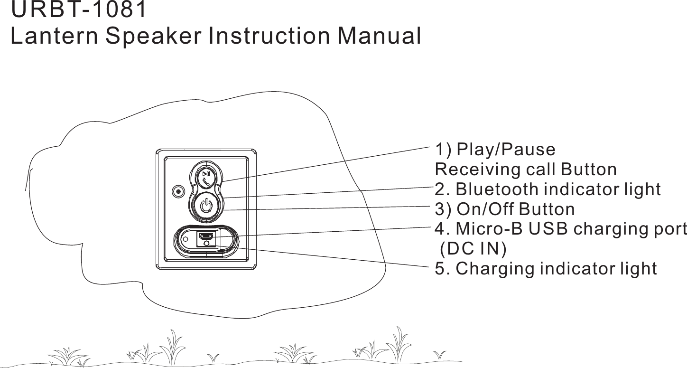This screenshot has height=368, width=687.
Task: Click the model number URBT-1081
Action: point(79,11)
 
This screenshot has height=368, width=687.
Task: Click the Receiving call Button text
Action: point(526,169)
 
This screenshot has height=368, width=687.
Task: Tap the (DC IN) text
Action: point(473,248)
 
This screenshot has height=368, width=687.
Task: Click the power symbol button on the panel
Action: point(206,207)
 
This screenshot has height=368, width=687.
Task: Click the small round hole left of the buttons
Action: point(178,192)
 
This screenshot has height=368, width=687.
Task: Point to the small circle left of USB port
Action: point(186,238)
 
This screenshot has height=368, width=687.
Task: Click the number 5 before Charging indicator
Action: point(440,268)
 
